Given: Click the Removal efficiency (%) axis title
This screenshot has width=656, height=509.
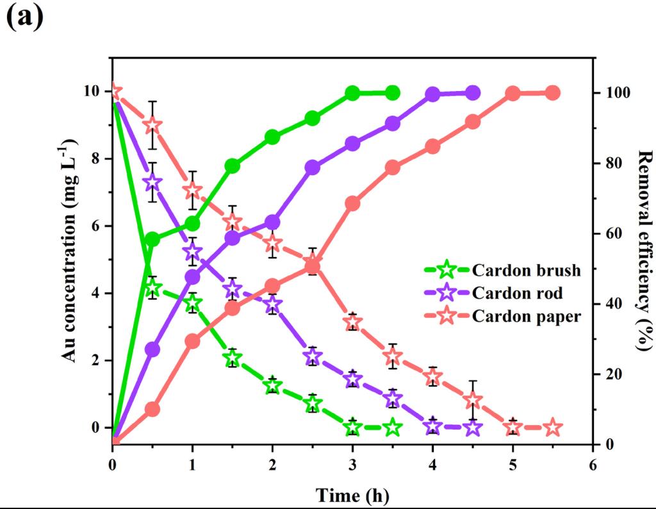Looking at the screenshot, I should (x=643, y=251).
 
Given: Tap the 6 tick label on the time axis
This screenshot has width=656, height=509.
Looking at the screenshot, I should (x=593, y=464).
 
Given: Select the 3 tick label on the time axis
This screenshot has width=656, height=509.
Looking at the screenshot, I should (x=352, y=464).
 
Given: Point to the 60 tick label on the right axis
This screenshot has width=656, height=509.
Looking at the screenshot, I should (x=613, y=233).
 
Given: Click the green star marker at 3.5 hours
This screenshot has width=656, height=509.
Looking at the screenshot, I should (x=393, y=427).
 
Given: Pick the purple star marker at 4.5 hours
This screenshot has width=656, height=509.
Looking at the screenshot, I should (x=473, y=427).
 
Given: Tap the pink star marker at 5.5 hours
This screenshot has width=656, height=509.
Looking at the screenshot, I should (x=553, y=427).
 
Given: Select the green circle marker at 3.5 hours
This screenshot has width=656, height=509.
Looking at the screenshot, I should (x=393, y=93).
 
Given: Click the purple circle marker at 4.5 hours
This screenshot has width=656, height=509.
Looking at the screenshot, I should (x=473, y=93).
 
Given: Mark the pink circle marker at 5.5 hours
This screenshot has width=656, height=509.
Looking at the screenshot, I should (x=553, y=93).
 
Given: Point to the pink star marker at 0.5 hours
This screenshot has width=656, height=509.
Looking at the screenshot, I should (x=152, y=125).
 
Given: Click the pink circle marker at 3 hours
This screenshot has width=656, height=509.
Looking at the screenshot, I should (x=352, y=203).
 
